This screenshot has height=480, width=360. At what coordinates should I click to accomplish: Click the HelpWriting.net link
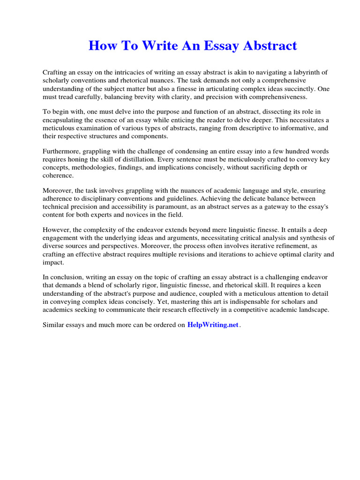click(x=213, y=325)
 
